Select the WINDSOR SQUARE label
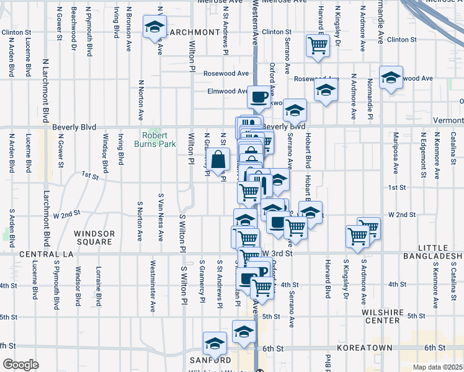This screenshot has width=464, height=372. point(95,237)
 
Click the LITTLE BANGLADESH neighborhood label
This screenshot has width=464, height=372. point(432,252)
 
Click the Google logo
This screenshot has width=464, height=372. point(20,364)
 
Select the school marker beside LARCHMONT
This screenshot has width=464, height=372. point(154,28)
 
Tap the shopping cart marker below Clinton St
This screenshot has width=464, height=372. point(318,45)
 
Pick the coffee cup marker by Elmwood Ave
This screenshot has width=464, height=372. point(259,97)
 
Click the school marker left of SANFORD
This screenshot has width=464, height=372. point(215,343)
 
